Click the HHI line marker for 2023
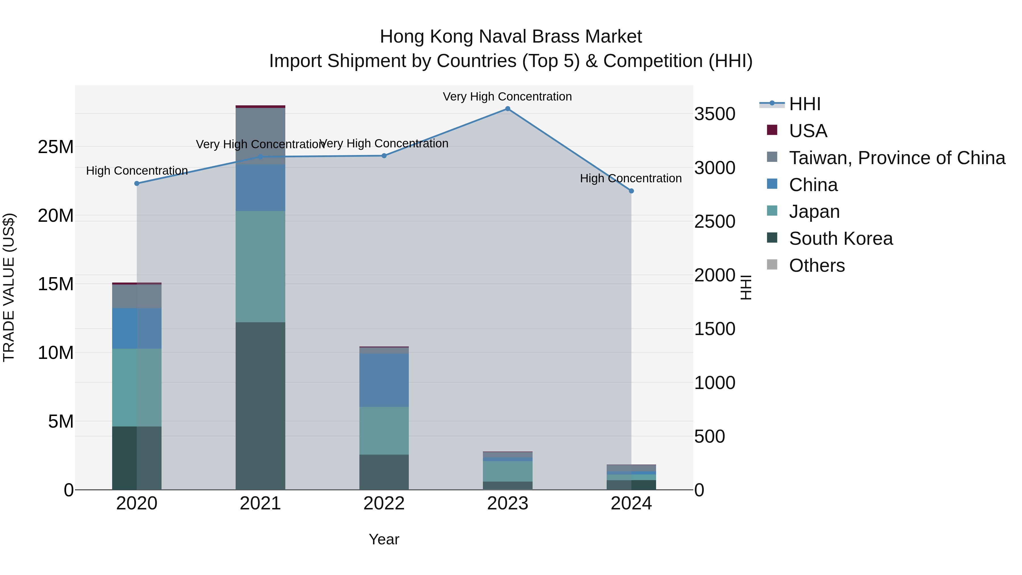[507, 109]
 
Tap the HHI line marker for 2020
[137, 183]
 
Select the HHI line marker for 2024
[631, 191]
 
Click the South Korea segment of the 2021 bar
[260, 405]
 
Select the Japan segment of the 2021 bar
[260, 266]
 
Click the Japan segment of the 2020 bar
[137, 387]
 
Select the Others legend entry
[816, 265]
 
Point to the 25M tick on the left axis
[56, 147]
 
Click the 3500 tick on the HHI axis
[715, 114]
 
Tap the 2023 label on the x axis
[507, 503]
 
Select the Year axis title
[384, 539]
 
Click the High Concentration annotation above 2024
[631, 179]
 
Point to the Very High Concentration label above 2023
[507, 97]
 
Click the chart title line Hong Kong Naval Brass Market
[511, 37]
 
